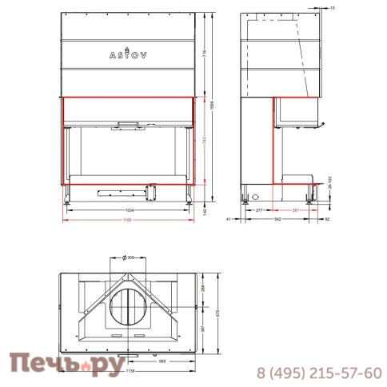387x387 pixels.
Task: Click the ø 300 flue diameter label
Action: (x=127, y=257)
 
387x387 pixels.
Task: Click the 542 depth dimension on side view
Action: (x=277, y=217)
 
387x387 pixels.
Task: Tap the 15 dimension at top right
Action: (x=332, y=6)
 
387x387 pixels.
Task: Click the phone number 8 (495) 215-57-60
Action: (x=318, y=373)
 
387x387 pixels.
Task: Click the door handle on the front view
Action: (x=128, y=123)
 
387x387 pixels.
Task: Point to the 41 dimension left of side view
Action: (x=229, y=217)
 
